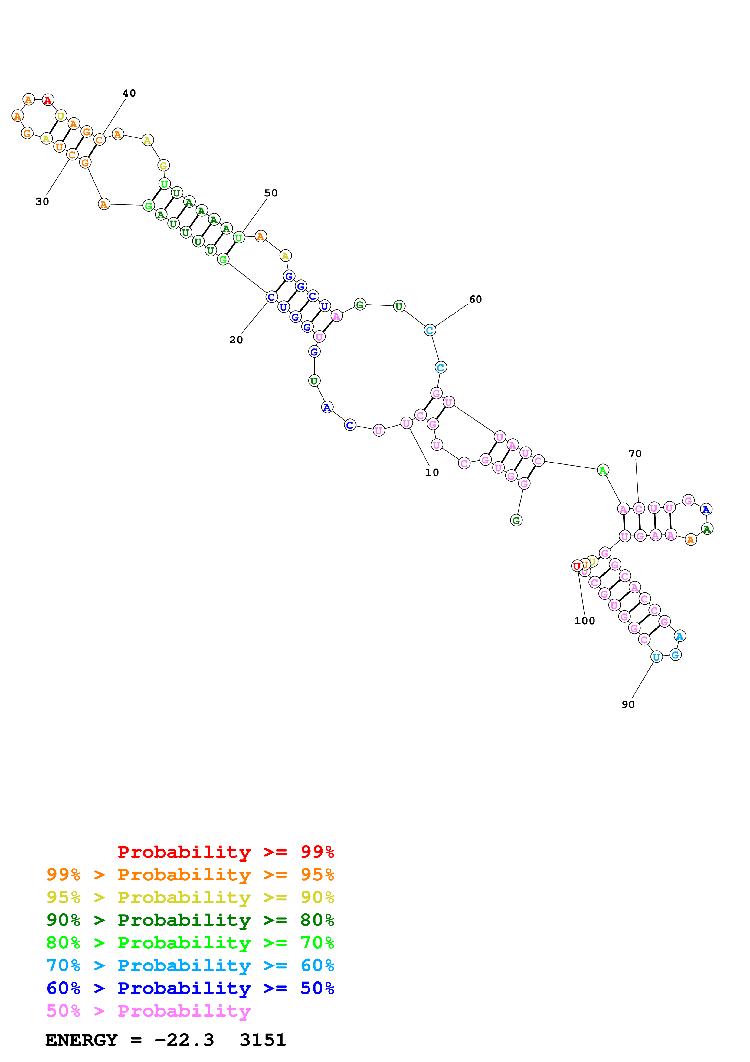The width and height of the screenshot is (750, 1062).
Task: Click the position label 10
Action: tap(432, 472)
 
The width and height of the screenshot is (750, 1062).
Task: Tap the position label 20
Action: tap(236, 340)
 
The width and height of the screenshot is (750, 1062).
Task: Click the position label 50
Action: tap(271, 193)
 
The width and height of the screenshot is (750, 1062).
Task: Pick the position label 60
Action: tap(476, 300)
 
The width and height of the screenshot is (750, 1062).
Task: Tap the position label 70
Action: tap(635, 454)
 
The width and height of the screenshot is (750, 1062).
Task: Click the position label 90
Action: tap(628, 704)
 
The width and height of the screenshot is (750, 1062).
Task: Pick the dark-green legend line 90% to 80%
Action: tap(190, 920)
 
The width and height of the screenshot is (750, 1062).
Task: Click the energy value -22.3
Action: tap(184, 1040)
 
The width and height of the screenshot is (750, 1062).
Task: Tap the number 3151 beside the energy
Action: tap(263, 1040)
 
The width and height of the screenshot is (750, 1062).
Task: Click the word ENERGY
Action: tap(81, 1040)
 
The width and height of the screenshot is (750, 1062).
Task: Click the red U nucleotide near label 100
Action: tap(577, 566)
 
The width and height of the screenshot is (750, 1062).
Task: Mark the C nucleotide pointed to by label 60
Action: tap(430, 330)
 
